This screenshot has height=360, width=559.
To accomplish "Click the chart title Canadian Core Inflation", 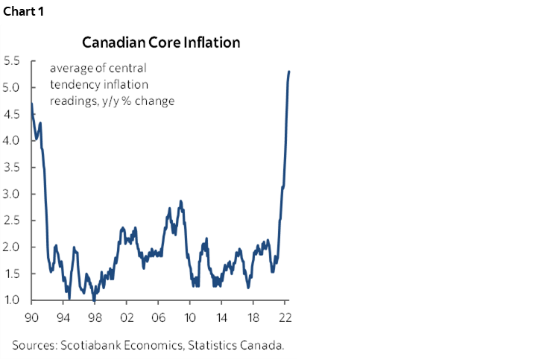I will pos(161,42).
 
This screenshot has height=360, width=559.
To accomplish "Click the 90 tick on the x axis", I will pos(31,316).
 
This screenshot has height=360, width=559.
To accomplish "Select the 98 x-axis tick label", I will pos(95,316).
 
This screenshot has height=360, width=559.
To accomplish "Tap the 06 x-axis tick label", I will pos(158,316).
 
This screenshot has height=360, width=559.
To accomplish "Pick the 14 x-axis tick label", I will pos(222,316).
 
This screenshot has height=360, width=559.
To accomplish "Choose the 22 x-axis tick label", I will pos(285,316).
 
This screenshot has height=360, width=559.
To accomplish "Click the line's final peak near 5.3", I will pos(288,72).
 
